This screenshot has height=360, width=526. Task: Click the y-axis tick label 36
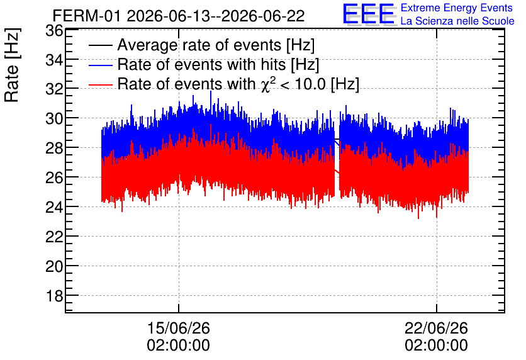(54, 31)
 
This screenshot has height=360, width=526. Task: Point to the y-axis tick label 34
(54, 60)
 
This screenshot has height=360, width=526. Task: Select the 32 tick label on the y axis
(54, 90)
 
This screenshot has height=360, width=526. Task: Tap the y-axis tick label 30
(54, 119)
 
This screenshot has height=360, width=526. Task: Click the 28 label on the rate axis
(54, 149)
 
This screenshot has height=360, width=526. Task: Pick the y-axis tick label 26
(54, 178)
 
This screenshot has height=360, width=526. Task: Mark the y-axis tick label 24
(54, 207)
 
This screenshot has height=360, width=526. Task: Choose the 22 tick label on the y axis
(54, 237)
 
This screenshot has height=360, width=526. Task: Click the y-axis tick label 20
(54, 267)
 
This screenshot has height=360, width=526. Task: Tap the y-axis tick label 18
(54, 296)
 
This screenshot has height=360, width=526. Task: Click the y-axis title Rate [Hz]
(12, 65)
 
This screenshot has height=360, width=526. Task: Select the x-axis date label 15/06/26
(179, 328)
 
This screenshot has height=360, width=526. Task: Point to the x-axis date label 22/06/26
(436, 328)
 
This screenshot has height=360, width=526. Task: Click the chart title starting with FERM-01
(179, 16)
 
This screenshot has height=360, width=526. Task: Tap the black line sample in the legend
(100, 45)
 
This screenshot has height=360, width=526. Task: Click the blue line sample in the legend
(100, 65)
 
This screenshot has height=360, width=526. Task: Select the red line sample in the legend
(100, 84)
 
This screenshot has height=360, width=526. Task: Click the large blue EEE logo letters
(369, 14)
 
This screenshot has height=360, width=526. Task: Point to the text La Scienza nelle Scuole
(457, 21)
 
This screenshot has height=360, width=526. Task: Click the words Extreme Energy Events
(457, 8)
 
